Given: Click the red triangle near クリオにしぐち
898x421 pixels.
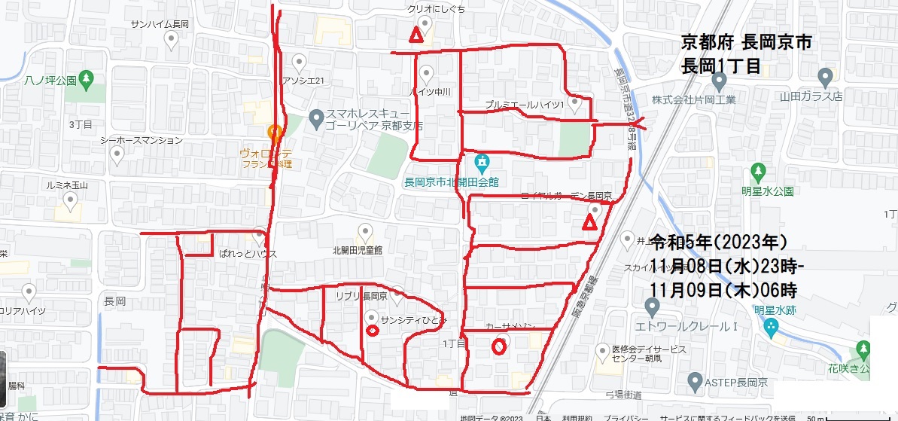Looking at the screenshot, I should point(414,35).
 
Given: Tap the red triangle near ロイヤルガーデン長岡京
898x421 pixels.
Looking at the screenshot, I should point(589,222).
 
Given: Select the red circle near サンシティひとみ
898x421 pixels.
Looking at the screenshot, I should point(371,330).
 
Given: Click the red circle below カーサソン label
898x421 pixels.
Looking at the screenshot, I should point(498,346).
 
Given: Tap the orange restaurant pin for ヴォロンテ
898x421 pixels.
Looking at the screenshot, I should point(275,133).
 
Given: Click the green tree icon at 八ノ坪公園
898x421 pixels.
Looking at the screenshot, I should point(87,78).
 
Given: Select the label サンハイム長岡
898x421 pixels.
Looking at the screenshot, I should point(159,24).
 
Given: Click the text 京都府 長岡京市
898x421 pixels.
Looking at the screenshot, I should point(746,42).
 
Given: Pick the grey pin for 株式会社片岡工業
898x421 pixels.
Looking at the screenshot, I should point(825,76).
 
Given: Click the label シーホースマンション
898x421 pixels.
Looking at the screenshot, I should point(142,140).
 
